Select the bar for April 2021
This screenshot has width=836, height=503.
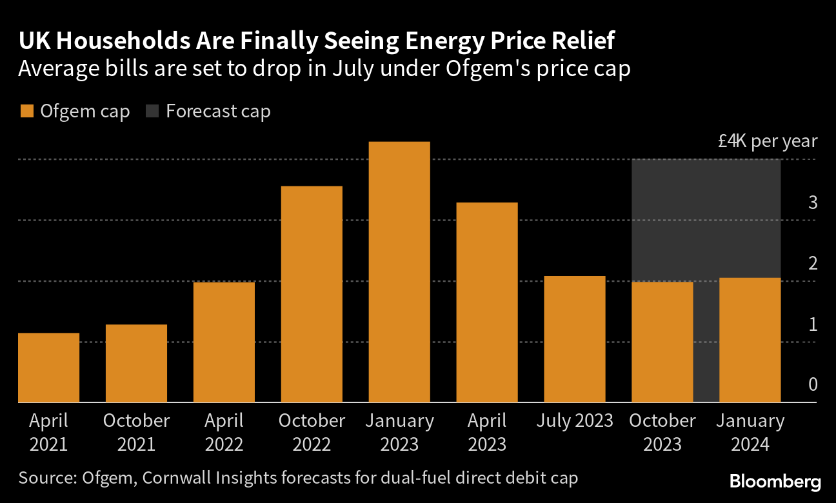(49, 368)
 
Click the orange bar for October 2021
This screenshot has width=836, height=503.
(136, 363)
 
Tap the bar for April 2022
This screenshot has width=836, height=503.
(224, 342)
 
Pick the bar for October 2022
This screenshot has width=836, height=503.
(312, 294)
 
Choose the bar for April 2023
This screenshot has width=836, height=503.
(487, 302)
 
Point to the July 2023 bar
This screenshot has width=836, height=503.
(575, 339)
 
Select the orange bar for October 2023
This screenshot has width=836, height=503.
(662, 342)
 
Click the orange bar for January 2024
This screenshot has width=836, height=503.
(750, 340)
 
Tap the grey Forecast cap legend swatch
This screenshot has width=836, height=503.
(152, 112)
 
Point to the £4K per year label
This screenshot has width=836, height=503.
(768, 141)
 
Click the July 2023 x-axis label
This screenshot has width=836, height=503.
(575, 421)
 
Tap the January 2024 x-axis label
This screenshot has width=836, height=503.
(750, 433)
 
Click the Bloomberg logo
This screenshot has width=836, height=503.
(775, 481)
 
